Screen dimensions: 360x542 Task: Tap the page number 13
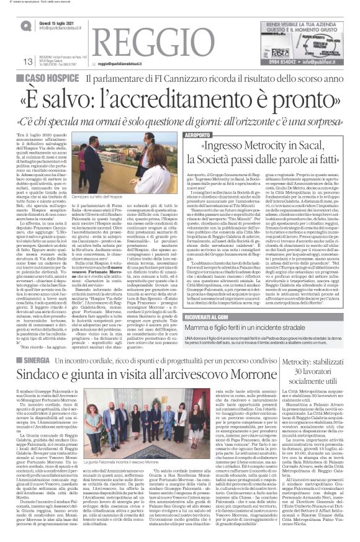click(x=27, y=61)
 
